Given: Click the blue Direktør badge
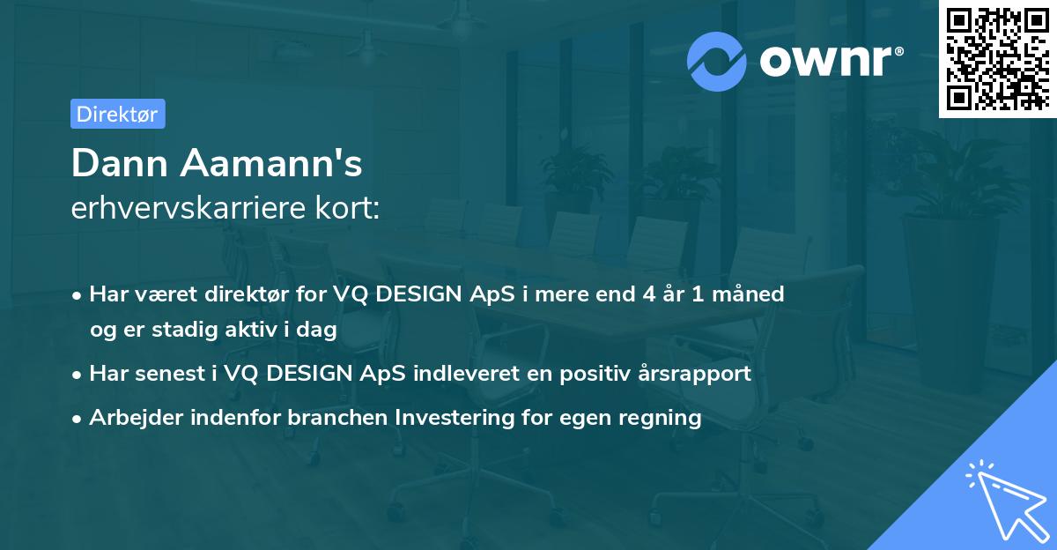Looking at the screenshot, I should (117, 114).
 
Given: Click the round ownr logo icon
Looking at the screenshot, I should (717, 61).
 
